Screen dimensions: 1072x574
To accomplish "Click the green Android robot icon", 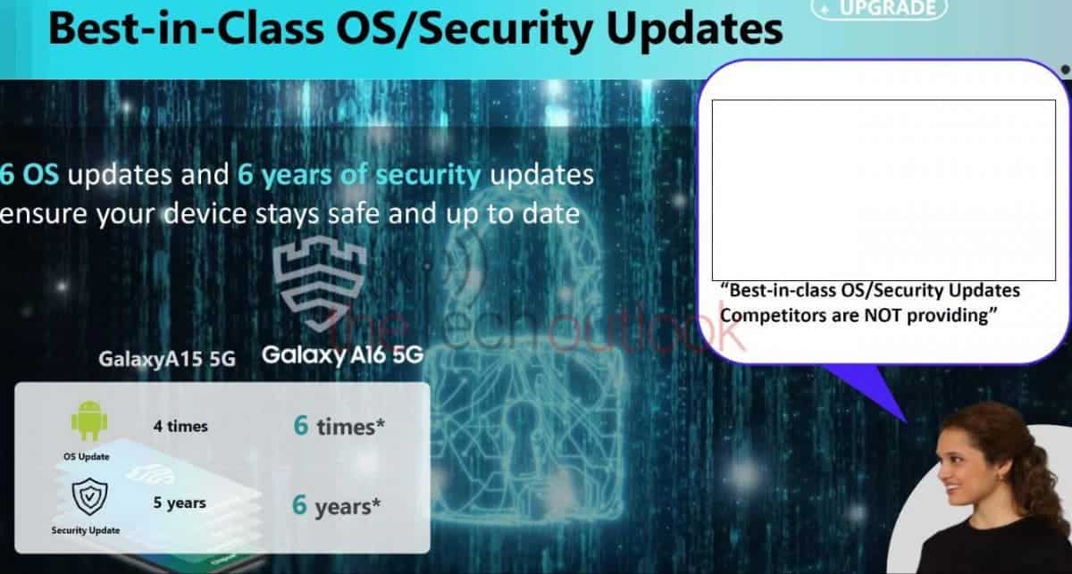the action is coord(89,421).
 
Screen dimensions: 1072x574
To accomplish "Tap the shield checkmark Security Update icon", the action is coord(89,496).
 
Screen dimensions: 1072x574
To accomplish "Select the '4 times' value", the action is coord(180,426).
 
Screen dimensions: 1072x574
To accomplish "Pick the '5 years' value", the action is coord(180,503).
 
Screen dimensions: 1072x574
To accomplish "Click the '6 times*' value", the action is coord(339,426).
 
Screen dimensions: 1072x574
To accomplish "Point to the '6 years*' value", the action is coord(336,505).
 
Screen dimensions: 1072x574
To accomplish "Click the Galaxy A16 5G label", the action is coord(343,355).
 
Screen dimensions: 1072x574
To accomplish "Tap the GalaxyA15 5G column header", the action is coord(167,359).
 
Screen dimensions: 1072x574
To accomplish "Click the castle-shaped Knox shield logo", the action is coord(320,283).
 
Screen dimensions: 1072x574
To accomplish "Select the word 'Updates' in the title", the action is coord(694,29).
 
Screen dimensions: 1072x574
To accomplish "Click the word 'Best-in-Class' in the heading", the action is coord(186,29).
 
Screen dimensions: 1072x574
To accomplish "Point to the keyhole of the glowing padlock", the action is coord(523,430).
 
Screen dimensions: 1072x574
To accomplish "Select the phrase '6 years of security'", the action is coord(359,175).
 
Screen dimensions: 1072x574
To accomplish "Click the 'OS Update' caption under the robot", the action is coord(87,457).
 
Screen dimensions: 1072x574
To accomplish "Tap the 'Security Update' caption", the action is coord(86,530).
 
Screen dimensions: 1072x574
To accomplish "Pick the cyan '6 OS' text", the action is coord(29,175).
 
